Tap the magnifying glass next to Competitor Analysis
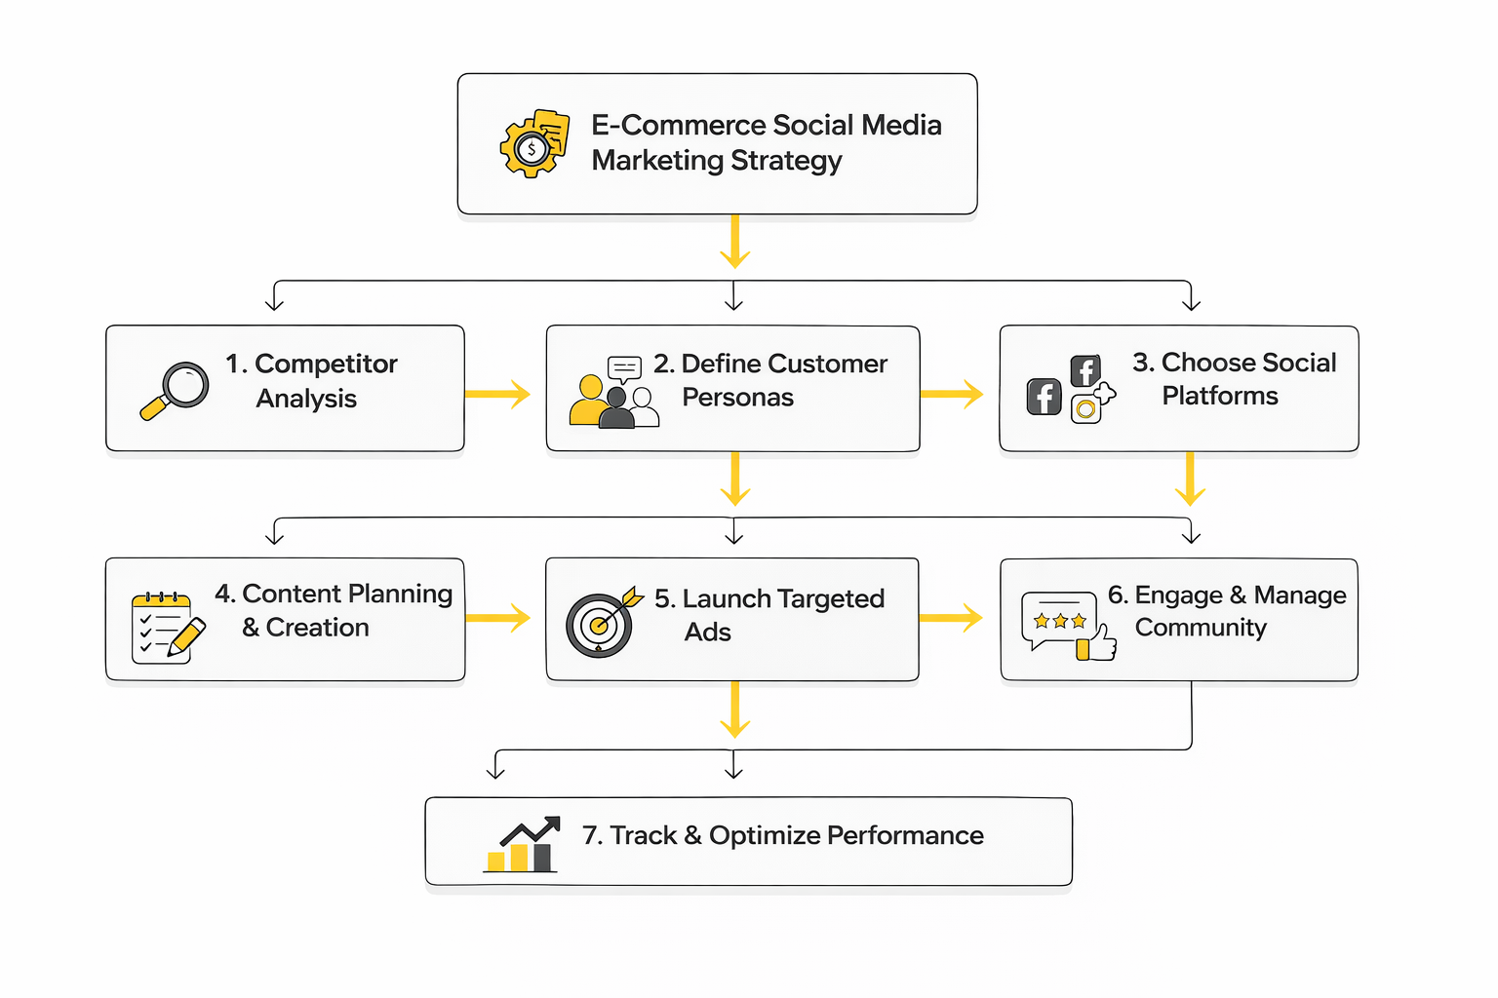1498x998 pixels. [176, 390]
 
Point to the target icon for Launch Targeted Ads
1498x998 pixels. [601, 623]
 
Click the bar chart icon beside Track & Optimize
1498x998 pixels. [522, 845]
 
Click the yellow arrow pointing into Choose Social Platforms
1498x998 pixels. [952, 394]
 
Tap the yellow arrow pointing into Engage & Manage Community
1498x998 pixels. [951, 617]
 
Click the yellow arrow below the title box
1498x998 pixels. [734, 241]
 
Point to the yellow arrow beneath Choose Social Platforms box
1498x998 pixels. [1190, 479]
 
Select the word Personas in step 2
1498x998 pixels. [737, 398]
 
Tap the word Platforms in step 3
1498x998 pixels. [1219, 396]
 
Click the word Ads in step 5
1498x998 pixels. [707, 633]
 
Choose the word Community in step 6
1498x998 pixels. [1201, 628]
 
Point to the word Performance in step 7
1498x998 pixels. [905, 836]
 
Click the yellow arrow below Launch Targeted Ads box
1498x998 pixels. [734, 710]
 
